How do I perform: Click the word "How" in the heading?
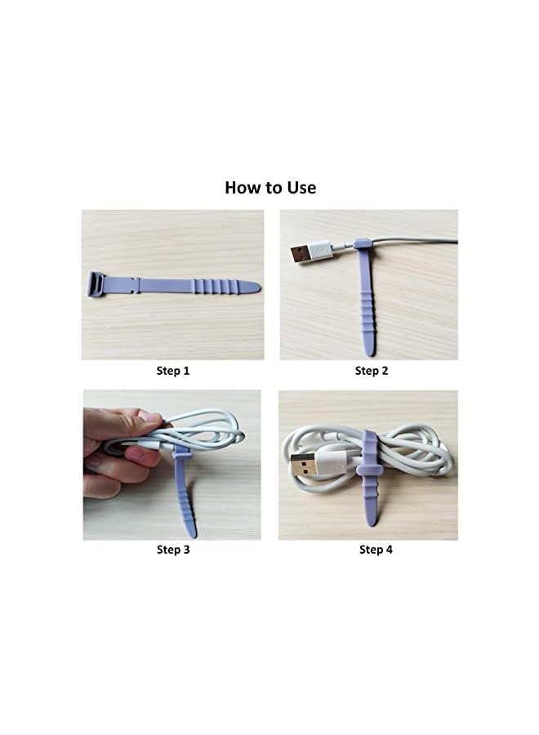[242, 188]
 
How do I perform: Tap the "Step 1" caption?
[173, 371]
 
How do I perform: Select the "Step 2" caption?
[372, 371]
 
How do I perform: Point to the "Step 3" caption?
[173, 550]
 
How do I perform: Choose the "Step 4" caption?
[376, 550]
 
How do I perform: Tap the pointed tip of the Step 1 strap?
[255, 287]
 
